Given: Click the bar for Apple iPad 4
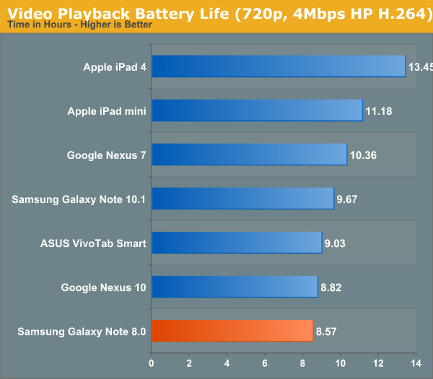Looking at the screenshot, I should coord(279,66).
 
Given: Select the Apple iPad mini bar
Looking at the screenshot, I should coord(257,110).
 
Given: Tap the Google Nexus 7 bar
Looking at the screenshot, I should coord(249,154).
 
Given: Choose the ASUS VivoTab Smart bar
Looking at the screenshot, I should coord(237,243).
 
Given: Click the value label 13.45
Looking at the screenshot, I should coord(420,67).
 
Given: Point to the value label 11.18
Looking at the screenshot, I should coord(379,111).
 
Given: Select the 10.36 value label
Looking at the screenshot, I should coord(363,155).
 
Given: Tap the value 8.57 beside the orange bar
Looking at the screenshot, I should coord(330,331).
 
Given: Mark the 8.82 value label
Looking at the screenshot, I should coord(333,287).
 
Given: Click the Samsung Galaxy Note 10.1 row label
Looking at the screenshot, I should coord(79,199).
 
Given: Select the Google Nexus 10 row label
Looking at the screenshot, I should coord(104,287).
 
